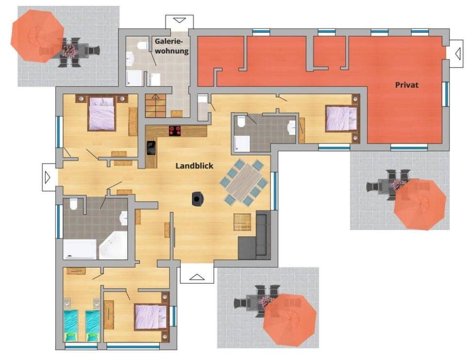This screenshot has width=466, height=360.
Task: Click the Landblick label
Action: pos(193,166)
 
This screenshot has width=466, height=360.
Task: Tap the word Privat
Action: pos(406,85)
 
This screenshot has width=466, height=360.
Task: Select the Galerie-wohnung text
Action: pos(171,46)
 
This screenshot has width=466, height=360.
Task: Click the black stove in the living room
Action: pos(198,199)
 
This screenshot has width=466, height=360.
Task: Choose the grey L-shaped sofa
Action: pos(255,237)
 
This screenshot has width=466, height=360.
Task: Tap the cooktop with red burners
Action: pos(175,130)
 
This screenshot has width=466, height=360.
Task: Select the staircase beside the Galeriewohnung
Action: pos(156,105)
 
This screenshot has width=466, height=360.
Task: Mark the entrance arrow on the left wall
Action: pos(48,177)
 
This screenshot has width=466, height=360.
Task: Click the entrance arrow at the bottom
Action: pos(197,276)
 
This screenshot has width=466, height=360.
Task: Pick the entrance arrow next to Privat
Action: pos(456,53)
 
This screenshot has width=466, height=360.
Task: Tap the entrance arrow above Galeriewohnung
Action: pos(179,21)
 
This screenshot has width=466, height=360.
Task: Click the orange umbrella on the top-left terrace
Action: pos(37,36)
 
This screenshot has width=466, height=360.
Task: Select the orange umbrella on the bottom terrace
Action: pos(290,319)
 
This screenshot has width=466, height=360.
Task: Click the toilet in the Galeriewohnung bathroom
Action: pos(142,46)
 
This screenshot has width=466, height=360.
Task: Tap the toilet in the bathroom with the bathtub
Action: pos(73,205)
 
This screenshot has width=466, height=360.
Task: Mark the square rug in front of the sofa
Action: pos(243,222)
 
